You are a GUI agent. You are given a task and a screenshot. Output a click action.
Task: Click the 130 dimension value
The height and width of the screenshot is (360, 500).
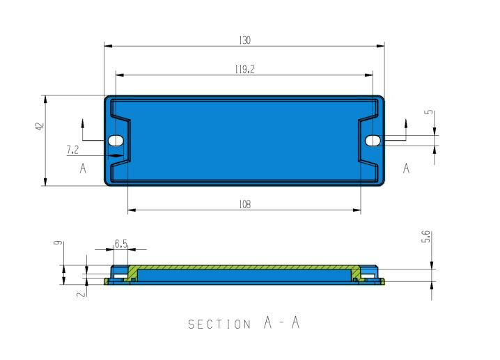244,40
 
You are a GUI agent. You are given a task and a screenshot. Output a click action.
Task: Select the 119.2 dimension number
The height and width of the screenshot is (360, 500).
244,69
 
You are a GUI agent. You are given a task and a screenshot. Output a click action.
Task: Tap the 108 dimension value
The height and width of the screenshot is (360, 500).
244,204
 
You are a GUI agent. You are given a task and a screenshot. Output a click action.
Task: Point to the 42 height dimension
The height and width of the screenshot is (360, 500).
40,126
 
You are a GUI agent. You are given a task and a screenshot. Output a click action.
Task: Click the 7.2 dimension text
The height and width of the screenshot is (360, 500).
72,150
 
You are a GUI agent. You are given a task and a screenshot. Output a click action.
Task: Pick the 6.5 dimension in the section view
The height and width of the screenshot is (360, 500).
121,244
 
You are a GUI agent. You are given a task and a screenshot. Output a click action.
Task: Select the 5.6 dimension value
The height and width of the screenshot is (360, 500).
426,237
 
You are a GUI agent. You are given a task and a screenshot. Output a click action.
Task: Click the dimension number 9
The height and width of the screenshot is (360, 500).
58,242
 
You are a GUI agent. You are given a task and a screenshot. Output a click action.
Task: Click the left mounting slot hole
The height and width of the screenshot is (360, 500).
116,140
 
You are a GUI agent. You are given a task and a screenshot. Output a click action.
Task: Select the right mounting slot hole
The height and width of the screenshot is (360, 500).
373,140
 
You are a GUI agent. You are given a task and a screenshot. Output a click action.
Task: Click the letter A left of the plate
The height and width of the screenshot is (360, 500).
83,168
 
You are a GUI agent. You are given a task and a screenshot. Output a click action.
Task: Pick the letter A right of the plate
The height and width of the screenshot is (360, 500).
406,168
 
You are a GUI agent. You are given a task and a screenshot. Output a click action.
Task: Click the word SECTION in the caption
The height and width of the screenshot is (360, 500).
219,324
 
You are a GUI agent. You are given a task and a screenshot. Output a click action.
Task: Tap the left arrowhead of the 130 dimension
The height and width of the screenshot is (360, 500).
109,46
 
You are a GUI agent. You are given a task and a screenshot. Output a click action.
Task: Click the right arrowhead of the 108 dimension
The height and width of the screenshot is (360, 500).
357,210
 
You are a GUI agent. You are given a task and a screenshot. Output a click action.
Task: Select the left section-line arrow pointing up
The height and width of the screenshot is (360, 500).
83,124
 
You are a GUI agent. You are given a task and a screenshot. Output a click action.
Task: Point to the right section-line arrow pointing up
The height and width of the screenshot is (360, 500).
406,124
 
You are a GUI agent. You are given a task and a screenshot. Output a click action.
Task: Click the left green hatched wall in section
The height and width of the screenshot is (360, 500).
132,274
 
